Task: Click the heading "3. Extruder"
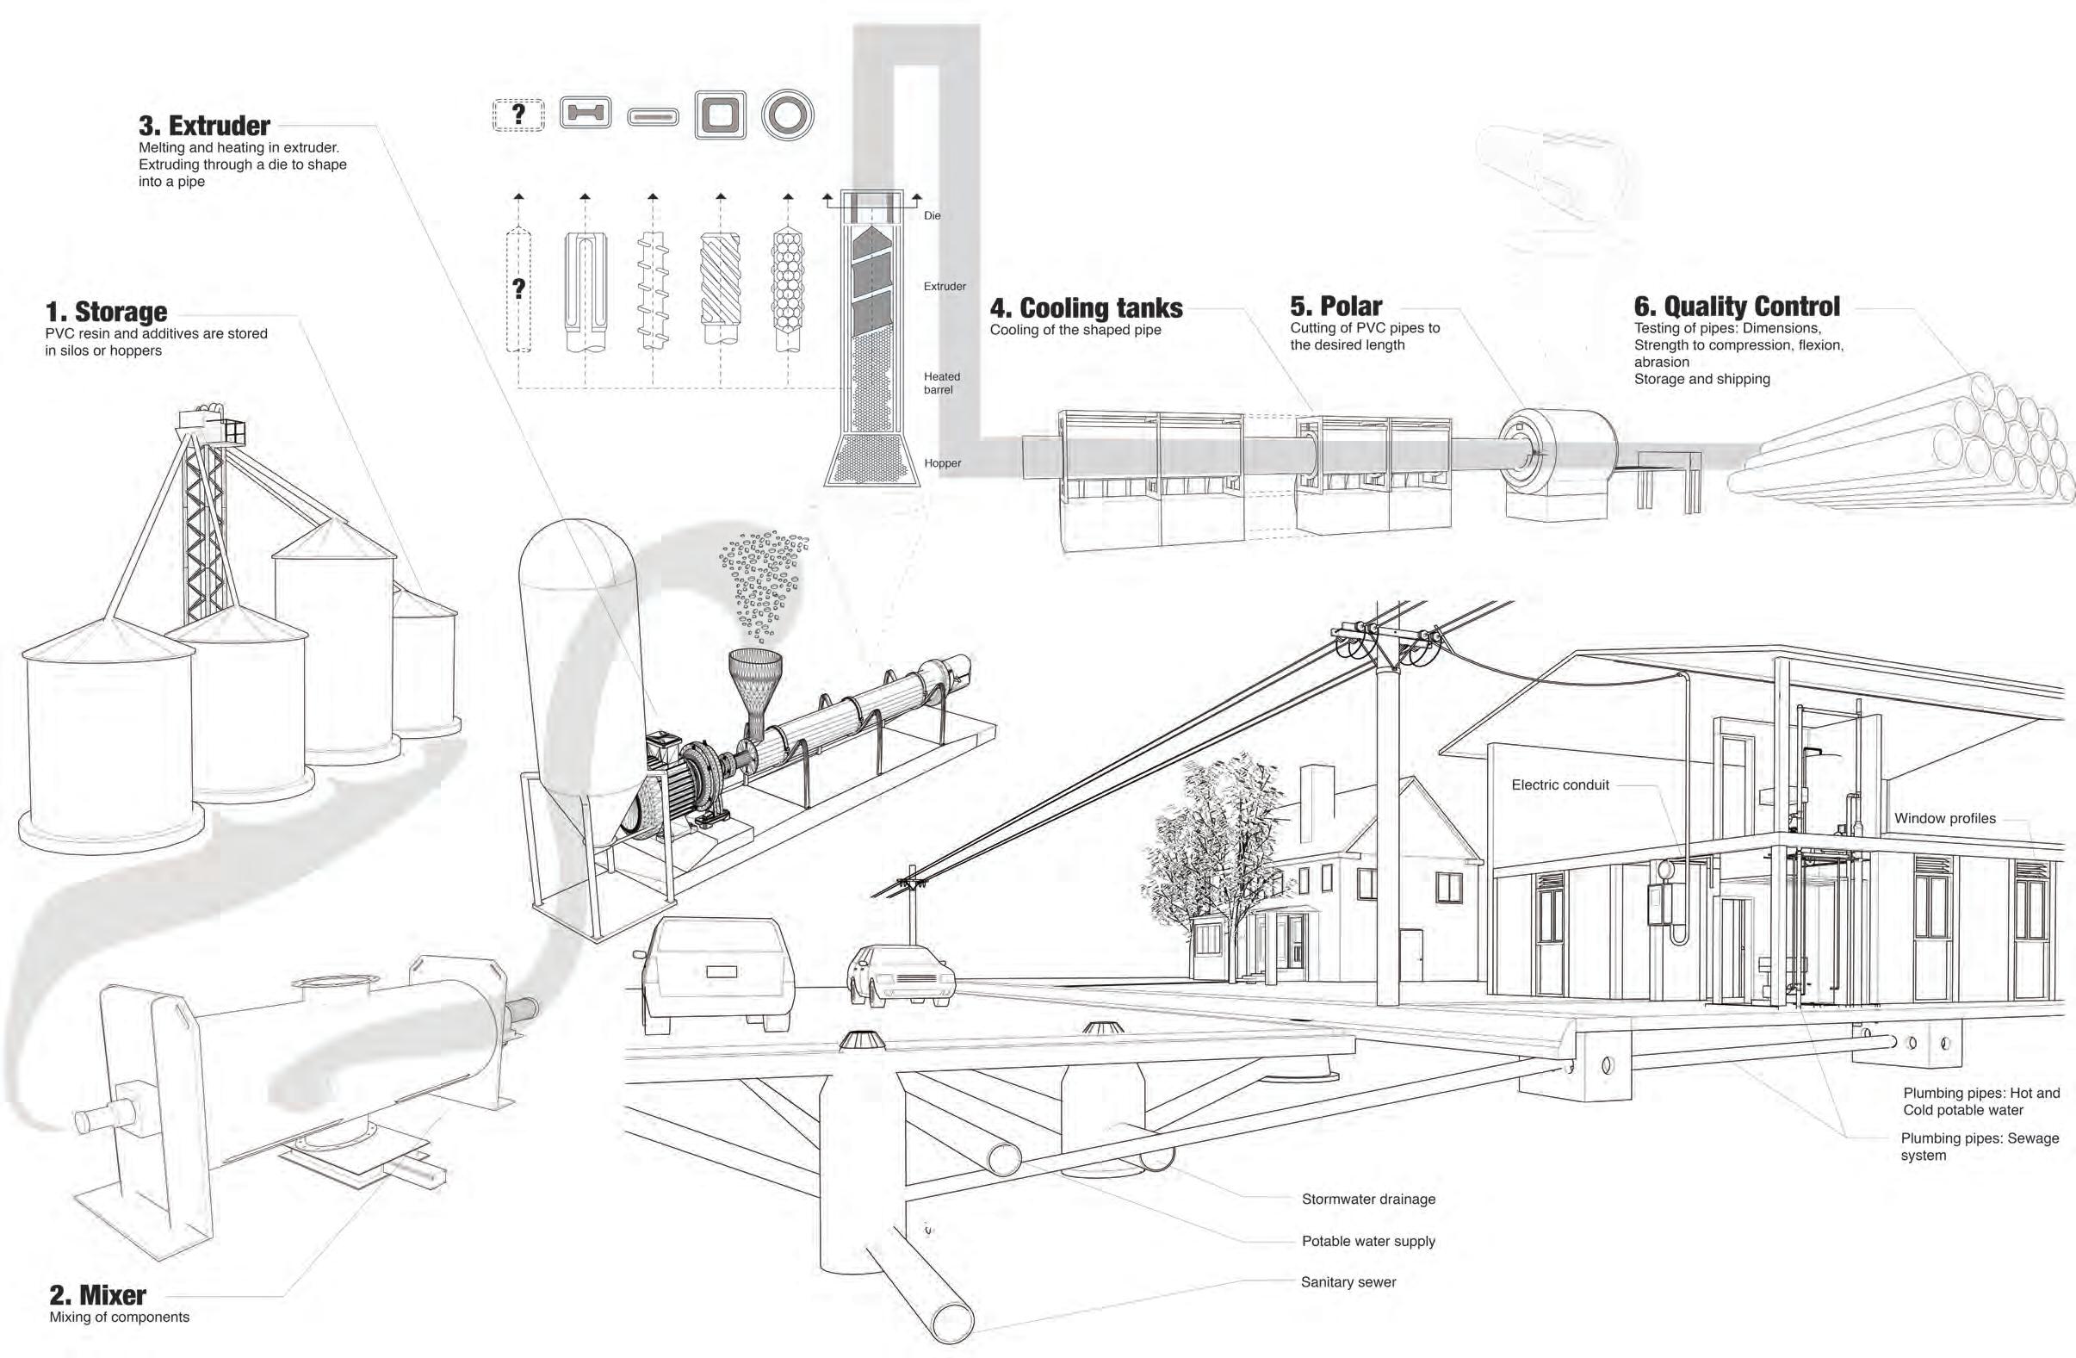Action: click(204, 126)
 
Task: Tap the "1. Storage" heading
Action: click(106, 312)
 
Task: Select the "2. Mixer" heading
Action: click(97, 1295)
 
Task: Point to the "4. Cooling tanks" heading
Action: click(1086, 308)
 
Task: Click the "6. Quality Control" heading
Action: click(1737, 307)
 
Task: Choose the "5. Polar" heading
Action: click(1335, 307)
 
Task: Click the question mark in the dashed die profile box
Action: click(519, 115)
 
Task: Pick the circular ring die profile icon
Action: click(787, 115)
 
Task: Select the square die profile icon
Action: click(721, 115)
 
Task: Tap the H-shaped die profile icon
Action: click(585, 115)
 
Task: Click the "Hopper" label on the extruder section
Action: click(942, 463)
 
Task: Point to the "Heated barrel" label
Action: click(941, 383)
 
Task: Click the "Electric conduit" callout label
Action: click(1559, 785)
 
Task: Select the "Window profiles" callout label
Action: click(1944, 818)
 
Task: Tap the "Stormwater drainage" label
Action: click(1367, 1200)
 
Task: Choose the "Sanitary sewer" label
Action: click(1348, 1282)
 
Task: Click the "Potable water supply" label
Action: click(1367, 1241)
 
